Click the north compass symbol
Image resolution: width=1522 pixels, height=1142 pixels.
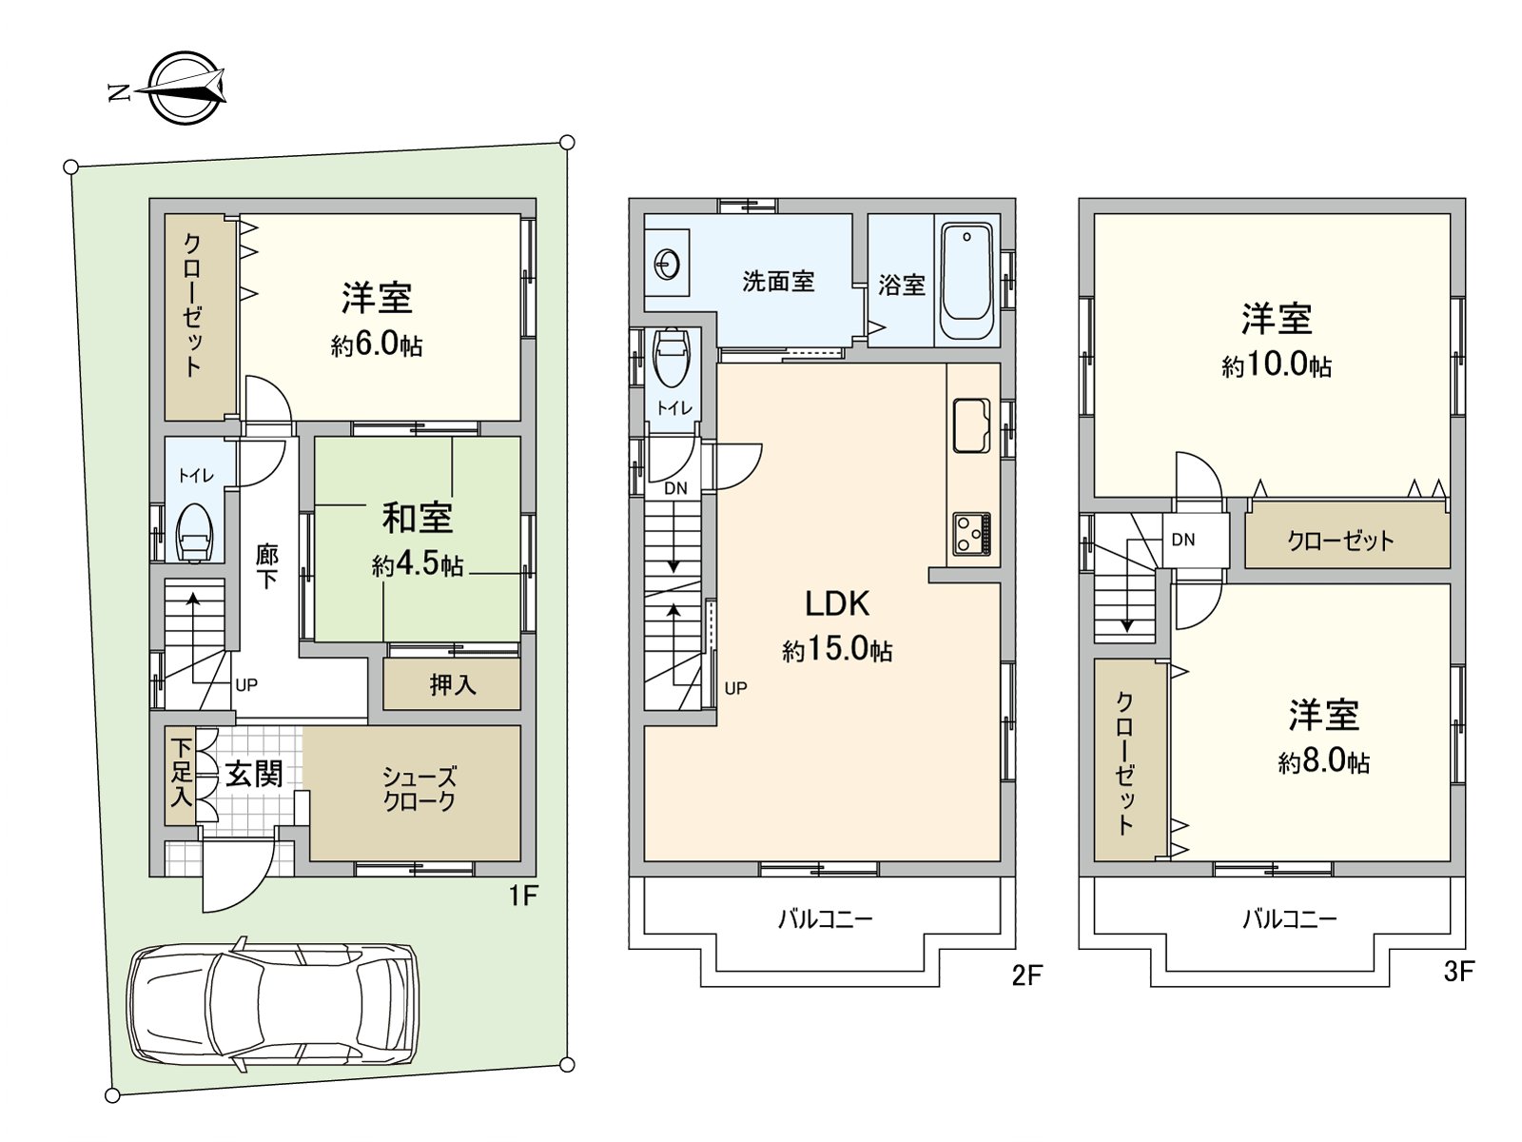(x=185, y=89)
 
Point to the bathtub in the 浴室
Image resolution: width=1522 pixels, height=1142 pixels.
(x=966, y=282)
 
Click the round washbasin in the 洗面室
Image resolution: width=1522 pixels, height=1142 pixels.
(x=668, y=263)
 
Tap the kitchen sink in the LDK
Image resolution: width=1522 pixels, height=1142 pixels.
(x=971, y=424)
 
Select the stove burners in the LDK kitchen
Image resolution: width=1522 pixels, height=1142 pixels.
(x=971, y=534)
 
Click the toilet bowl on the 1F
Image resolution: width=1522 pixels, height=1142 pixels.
(x=195, y=533)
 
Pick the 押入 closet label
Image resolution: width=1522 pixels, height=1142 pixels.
(x=452, y=684)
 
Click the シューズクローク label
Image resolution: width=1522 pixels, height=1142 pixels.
(x=420, y=789)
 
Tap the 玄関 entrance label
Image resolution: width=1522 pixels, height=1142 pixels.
(x=253, y=775)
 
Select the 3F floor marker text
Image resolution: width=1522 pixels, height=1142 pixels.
(x=1457, y=972)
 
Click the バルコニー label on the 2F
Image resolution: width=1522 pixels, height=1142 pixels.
(x=825, y=919)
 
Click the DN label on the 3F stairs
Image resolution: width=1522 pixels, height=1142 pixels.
(x=1182, y=540)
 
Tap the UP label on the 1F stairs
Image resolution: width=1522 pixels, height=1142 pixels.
(x=245, y=685)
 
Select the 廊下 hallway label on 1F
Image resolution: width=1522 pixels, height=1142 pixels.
(x=267, y=566)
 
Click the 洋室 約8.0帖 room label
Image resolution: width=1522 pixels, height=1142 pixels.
(x=1323, y=737)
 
